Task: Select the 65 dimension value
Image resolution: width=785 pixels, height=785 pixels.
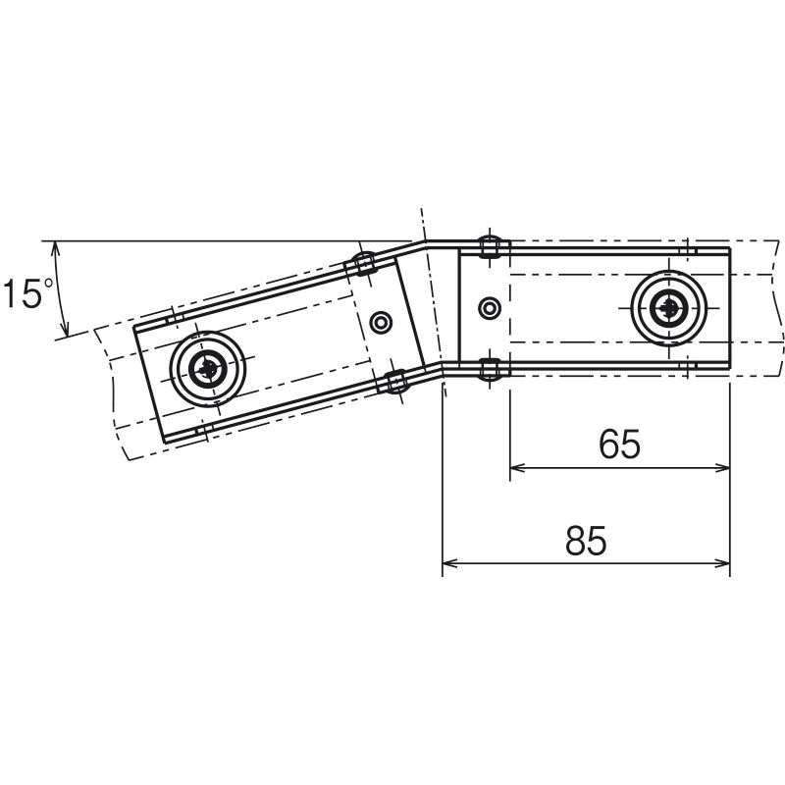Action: tap(619, 445)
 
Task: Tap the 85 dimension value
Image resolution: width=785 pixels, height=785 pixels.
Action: tap(586, 542)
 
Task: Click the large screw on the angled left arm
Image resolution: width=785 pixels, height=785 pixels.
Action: tap(207, 370)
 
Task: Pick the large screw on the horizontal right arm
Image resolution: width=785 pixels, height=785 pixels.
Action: tap(668, 309)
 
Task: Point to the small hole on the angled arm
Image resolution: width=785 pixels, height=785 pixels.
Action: tap(382, 321)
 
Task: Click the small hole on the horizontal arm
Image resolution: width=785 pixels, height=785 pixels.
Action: tap(488, 309)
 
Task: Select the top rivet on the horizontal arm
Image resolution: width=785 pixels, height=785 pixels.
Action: tap(488, 246)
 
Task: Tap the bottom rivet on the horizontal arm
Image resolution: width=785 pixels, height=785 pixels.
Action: tap(489, 370)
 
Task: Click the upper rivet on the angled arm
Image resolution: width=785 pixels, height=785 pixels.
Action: tap(364, 263)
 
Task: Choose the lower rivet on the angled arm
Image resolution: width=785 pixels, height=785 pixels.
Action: tap(396, 382)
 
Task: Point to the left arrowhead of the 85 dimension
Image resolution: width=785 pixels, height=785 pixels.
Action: tap(450, 563)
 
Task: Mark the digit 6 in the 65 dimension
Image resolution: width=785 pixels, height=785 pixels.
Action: tap(608, 445)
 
